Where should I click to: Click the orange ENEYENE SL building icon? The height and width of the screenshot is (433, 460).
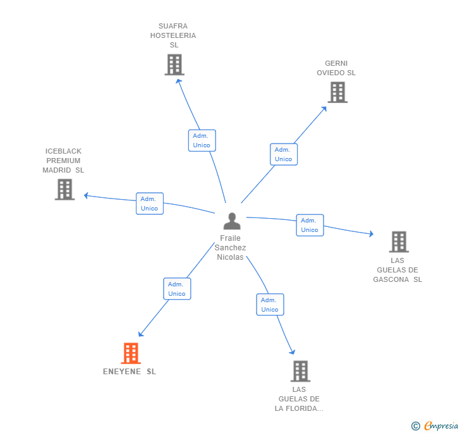(x=131, y=353)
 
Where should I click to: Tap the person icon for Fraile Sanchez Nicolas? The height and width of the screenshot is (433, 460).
(x=232, y=221)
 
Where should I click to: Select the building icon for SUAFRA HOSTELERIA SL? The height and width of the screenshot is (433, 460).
(x=174, y=64)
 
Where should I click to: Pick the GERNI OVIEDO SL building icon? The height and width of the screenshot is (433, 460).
(x=337, y=92)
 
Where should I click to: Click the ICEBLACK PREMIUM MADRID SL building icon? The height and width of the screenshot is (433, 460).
(x=64, y=189)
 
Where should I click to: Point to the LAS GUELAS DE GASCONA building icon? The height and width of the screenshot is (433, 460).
(x=398, y=241)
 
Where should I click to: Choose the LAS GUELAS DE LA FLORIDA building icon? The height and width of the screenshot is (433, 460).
(x=300, y=371)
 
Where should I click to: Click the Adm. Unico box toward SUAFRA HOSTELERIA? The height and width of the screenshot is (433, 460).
(x=202, y=140)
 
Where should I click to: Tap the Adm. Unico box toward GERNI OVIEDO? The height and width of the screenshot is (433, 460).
(x=284, y=154)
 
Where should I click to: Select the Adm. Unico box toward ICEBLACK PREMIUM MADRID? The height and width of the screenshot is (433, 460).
(x=150, y=204)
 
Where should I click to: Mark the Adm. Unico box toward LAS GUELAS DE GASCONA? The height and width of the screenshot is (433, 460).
(x=310, y=225)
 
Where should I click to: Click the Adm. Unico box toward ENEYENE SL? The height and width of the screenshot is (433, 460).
(x=177, y=289)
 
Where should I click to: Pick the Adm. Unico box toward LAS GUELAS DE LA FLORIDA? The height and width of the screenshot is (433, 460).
(x=270, y=305)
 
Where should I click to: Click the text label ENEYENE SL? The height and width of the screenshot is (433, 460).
(x=130, y=372)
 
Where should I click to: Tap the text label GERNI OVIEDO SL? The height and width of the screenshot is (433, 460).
(x=336, y=68)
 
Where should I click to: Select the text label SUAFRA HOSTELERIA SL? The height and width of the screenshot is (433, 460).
(x=173, y=35)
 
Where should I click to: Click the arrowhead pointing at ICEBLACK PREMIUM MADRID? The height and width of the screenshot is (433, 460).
(x=87, y=195)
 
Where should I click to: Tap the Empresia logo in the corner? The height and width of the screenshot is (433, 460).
(x=436, y=426)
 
